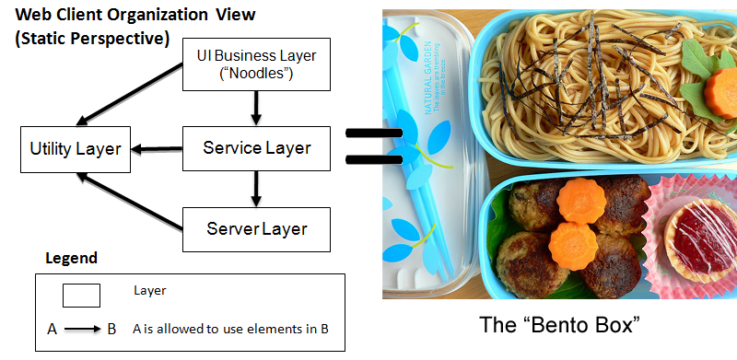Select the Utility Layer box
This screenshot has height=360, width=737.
click(76, 148)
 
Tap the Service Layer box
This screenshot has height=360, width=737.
click(256, 148)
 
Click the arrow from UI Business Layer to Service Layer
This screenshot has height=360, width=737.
click(256, 109)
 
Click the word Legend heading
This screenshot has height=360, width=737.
click(71, 259)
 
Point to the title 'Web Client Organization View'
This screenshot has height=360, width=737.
click(135, 15)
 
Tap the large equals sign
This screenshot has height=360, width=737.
click(373, 147)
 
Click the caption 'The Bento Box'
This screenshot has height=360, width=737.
click(560, 326)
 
